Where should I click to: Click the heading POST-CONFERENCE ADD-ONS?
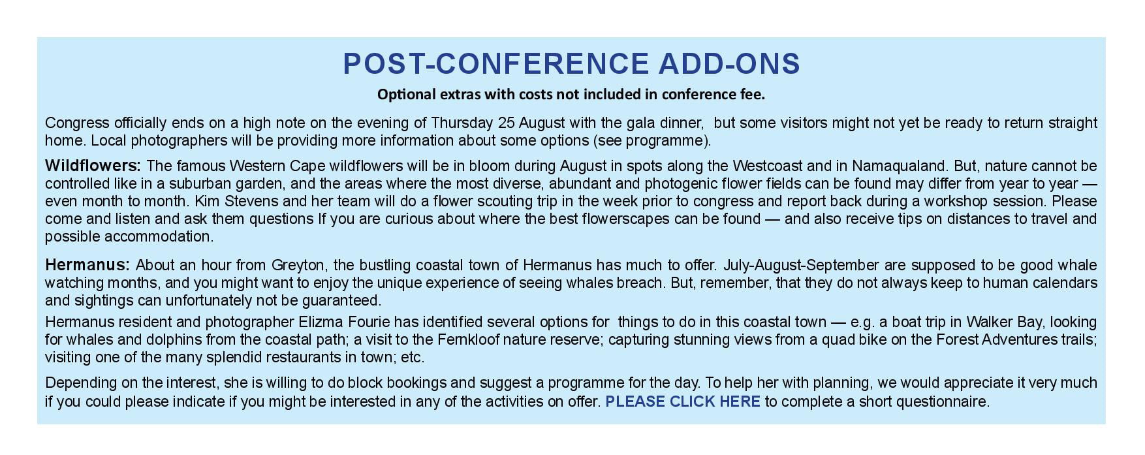(x=571, y=64)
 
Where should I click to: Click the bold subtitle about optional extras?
(x=571, y=95)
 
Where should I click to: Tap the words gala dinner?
(x=665, y=123)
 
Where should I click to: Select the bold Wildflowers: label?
(x=93, y=166)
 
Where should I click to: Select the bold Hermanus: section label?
(x=87, y=265)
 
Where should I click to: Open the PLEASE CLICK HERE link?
(x=683, y=401)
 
